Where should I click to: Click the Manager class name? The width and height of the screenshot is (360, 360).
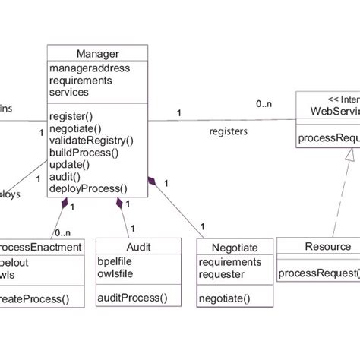pyautogui.click(x=97, y=53)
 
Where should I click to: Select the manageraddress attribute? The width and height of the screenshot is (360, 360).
pyautogui.click(x=90, y=68)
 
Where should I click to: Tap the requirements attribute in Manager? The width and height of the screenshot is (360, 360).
pyautogui.click(x=81, y=80)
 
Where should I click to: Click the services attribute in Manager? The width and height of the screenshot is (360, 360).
pyautogui.click(x=68, y=92)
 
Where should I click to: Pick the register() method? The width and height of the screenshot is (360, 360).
pyautogui.click(x=71, y=117)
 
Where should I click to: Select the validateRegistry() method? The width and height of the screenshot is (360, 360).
pyautogui.click(x=91, y=141)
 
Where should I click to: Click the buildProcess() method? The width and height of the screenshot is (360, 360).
pyautogui.click(x=84, y=152)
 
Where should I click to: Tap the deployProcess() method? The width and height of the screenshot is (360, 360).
pyautogui.click(x=88, y=188)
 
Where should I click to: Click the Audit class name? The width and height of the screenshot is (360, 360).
pyautogui.click(x=138, y=247)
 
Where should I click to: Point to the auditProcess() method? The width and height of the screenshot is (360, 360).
pyautogui.click(x=132, y=298)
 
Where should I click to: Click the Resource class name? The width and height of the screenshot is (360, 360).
pyautogui.click(x=327, y=246)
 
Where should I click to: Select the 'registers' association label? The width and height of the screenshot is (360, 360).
pyautogui.click(x=229, y=131)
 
